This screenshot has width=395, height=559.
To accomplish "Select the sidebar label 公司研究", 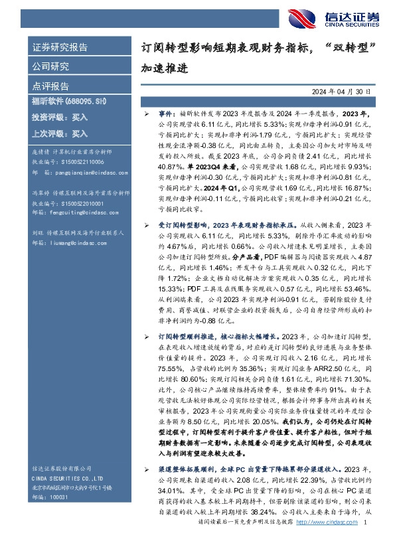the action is (x=50, y=66).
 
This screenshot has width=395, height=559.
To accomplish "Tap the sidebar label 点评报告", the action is (x=50, y=86).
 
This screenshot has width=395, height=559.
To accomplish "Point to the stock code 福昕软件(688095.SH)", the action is (x=69, y=100).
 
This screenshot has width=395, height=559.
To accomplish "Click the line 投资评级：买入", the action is (x=60, y=117).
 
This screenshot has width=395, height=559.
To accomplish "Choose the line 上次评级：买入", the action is (x=60, y=133).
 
